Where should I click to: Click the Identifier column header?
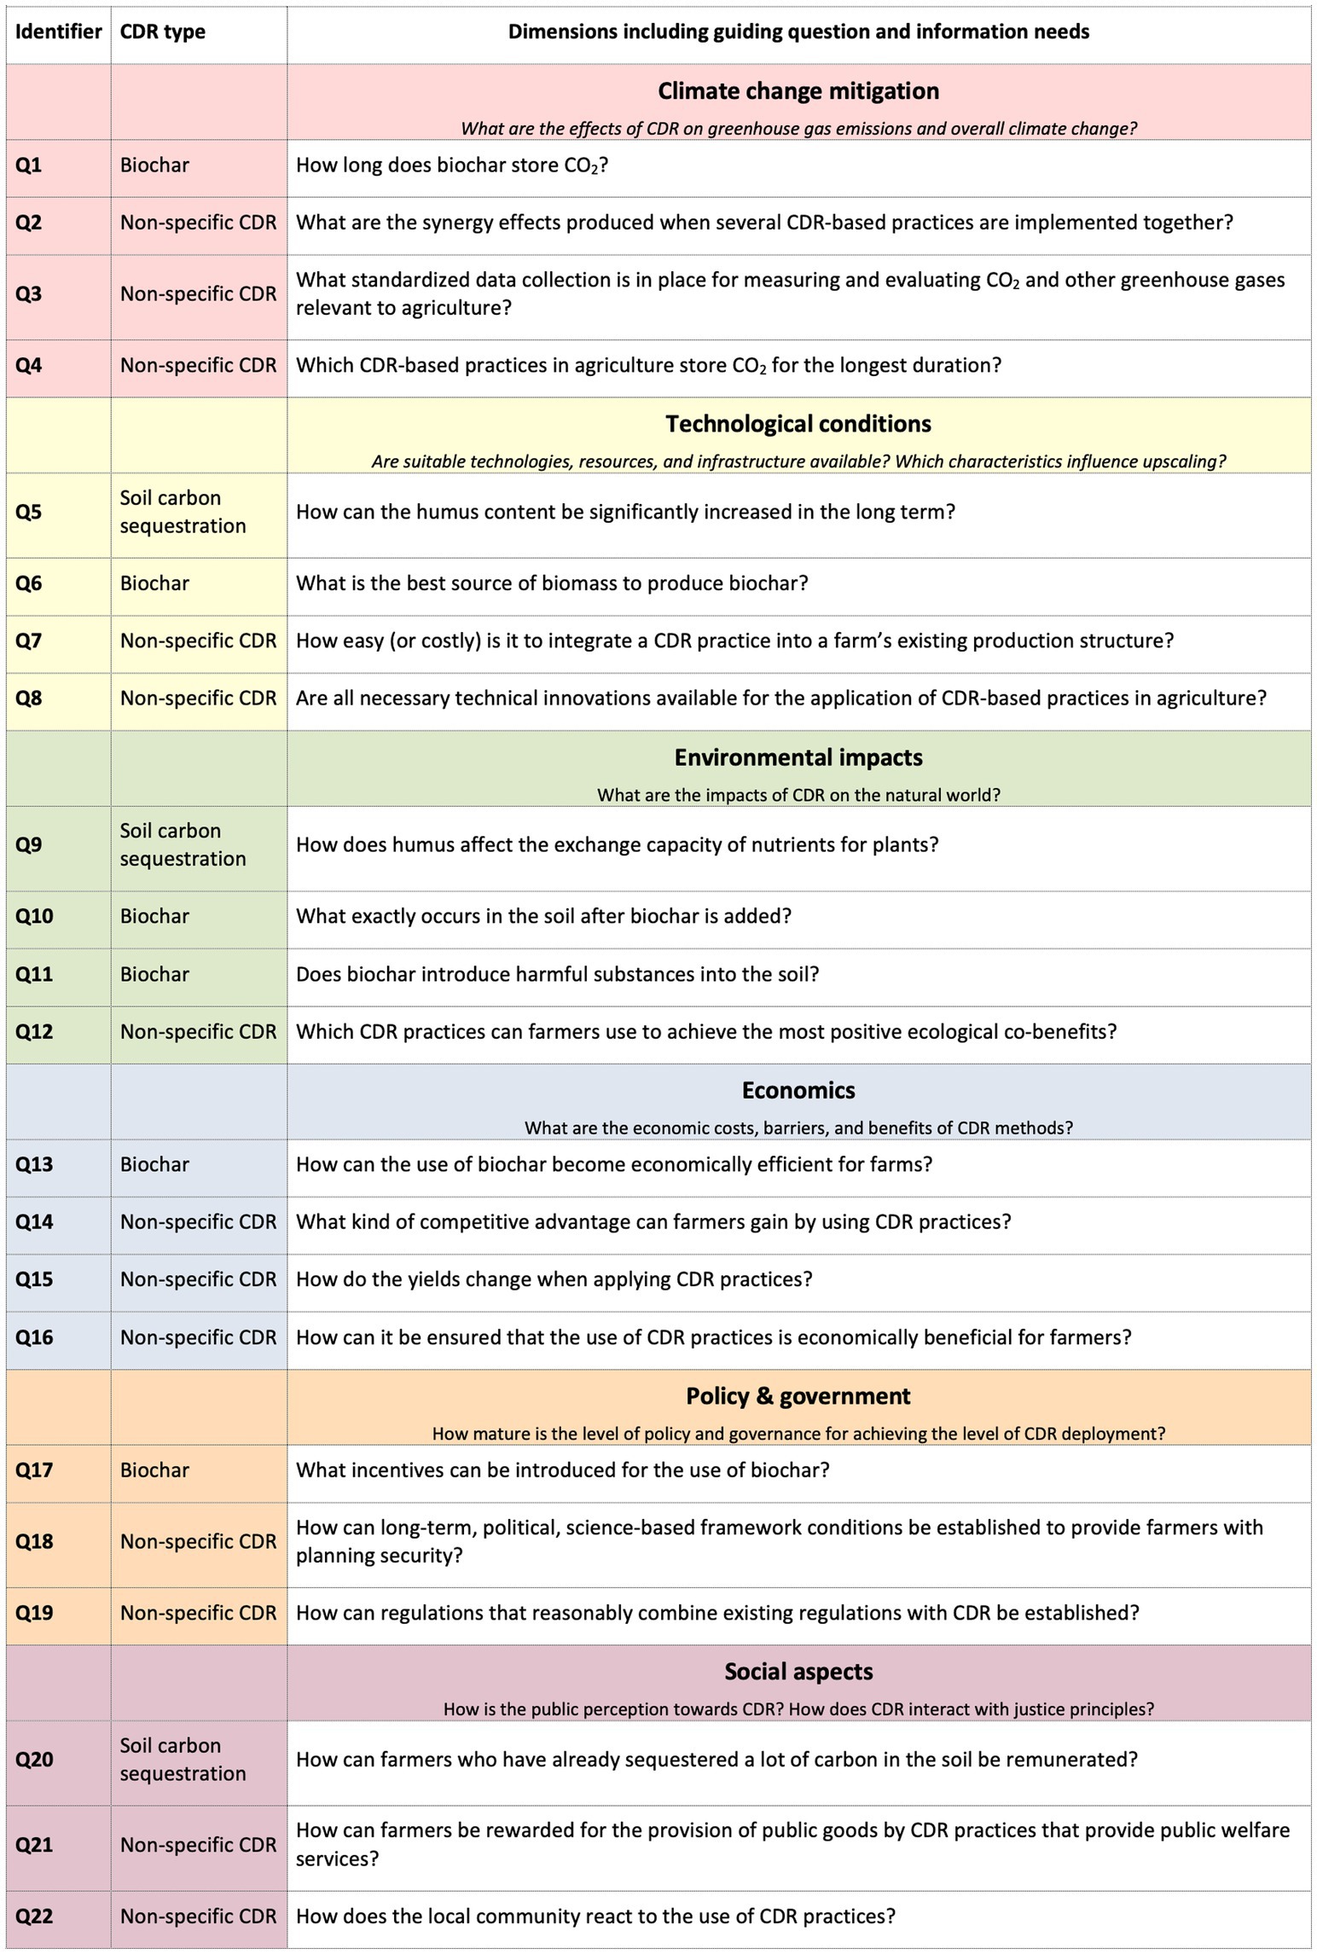tap(58, 32)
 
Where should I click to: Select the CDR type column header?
tap(162, 32)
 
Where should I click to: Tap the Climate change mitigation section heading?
tap(798, 91)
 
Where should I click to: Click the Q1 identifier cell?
tap(29, 165)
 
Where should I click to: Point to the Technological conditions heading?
tap(798, 424)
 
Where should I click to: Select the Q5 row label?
tap(29, 513)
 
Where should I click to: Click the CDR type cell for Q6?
tap(154, 583)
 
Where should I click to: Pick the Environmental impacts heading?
tap(798, 757)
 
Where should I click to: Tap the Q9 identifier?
tap(29, 845)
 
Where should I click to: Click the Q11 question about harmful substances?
tap(557, 974)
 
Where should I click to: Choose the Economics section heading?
tap(798, 1090)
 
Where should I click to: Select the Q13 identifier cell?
tap(34, 1165)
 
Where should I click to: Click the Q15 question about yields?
tap(554, 1279)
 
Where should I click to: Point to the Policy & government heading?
tap(798, 1396)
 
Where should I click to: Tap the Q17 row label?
tap(34, 1470)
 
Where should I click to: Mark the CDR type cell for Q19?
tap(198, 1613)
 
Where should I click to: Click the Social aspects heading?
tap(798, 1671)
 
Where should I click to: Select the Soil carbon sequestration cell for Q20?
tap(183, 1760)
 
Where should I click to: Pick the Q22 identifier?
tap(34, 1916)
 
